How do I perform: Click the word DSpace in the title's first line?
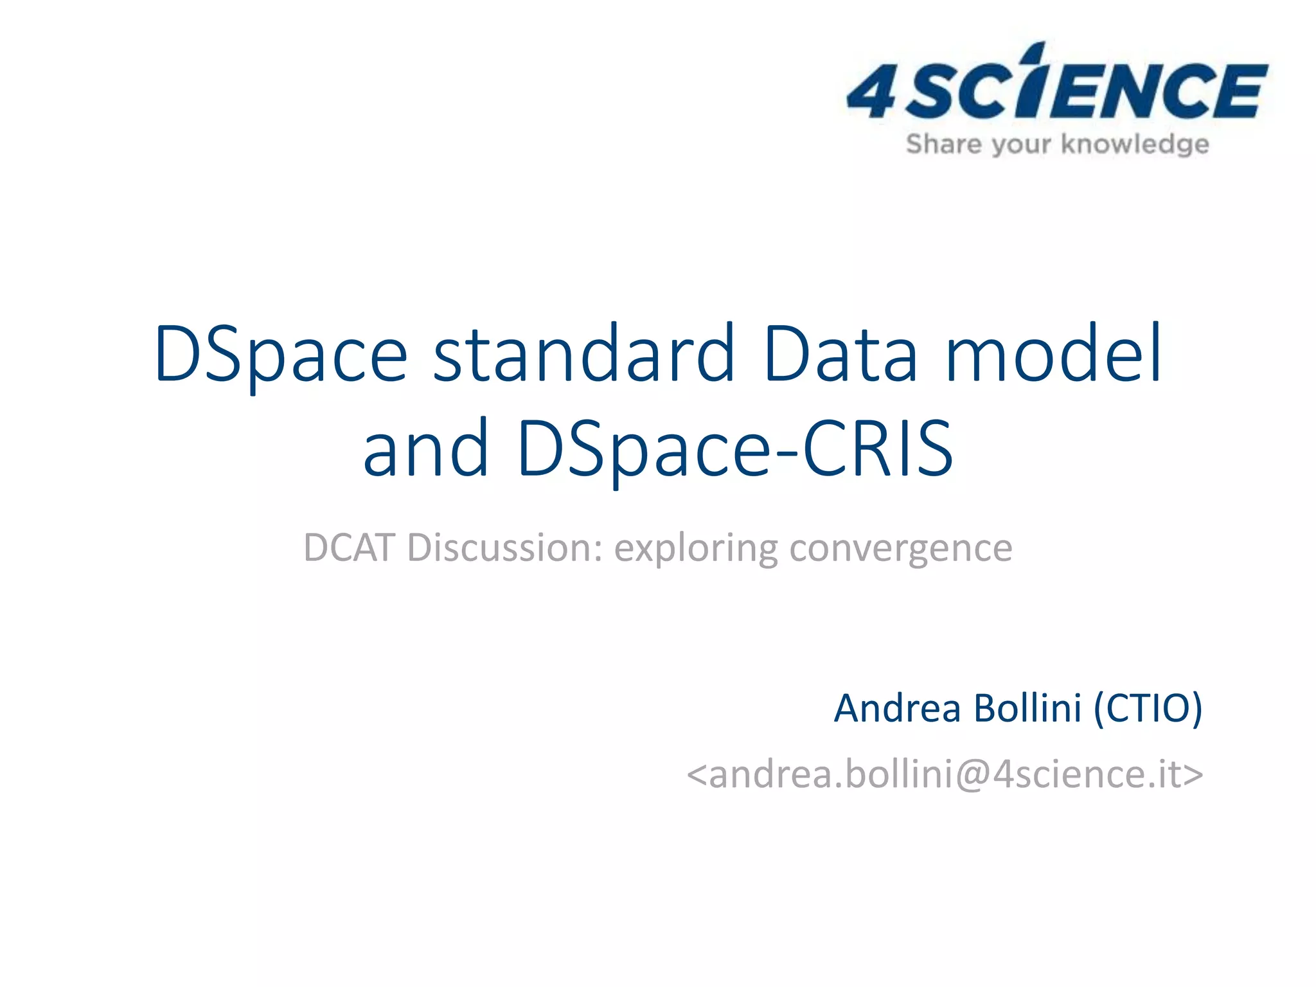pos(281,355)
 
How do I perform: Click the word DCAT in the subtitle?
pos(348,548)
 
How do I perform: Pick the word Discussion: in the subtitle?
pos(505,548)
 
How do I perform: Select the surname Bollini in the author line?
pos(1027,709)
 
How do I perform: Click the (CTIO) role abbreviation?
pos(1148,709)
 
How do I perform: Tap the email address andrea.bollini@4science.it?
pos(945,774)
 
